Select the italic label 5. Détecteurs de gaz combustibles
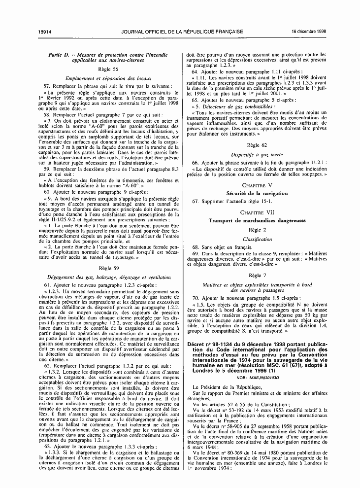pyautogui.click(x=227, y=106)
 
